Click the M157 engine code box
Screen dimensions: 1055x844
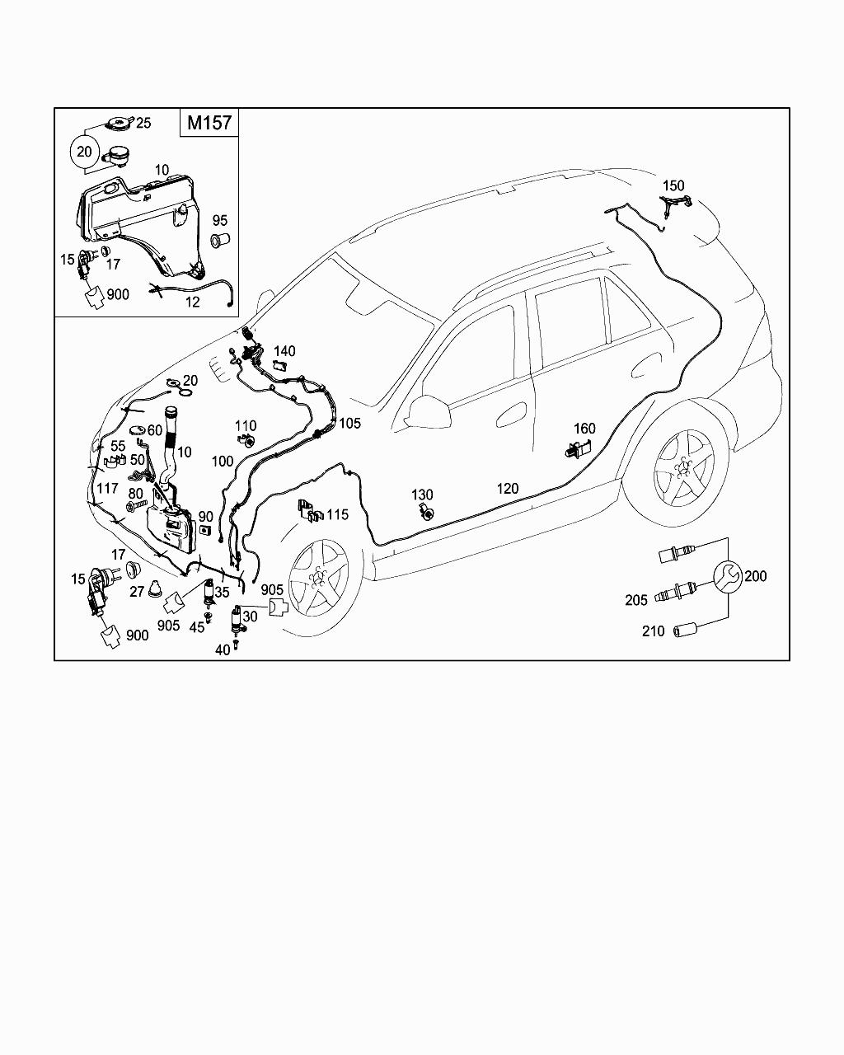pos(209,123)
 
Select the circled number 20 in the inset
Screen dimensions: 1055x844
pos(85,152)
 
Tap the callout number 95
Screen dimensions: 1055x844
pos(219,221)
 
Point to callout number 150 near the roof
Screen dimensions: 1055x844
pos(673,185)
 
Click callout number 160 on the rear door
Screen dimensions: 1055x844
pos(584,429)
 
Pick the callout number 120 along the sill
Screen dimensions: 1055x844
pos(508,488)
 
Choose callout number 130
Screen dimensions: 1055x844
pos(422,495)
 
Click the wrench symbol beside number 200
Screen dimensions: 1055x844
pos(727,577)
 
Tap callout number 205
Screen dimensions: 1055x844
pos(636,600)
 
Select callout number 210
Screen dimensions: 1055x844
pos(653,631)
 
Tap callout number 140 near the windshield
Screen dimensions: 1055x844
pos(284,351)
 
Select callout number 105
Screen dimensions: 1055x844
pos(350,423)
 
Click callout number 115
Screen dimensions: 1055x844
pos(337,514)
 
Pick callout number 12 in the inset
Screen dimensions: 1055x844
pos(192,302)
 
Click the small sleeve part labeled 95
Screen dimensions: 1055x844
pos(220,241)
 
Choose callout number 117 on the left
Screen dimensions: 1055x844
pos(107,488)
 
